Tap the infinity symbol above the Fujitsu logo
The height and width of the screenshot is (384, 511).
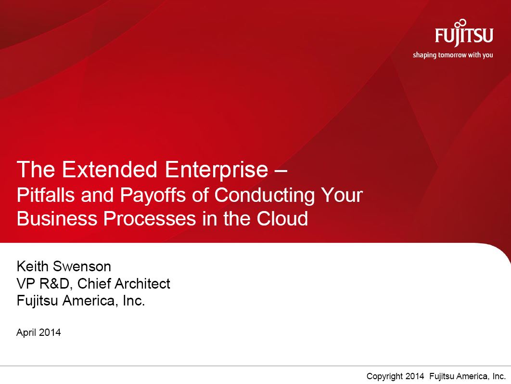460,23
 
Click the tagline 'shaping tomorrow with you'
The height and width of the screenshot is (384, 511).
453,55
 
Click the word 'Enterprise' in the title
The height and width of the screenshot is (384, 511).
217,170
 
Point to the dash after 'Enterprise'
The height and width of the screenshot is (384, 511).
280,172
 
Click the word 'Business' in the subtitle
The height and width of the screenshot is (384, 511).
57,218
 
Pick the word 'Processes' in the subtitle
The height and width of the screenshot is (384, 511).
150,218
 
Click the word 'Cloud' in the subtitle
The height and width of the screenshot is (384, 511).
282,218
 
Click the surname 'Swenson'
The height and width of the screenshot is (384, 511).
82,266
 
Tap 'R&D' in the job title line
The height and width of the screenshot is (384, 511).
55,283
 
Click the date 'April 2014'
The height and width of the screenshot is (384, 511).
38,332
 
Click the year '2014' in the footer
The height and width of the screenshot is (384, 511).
415,376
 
